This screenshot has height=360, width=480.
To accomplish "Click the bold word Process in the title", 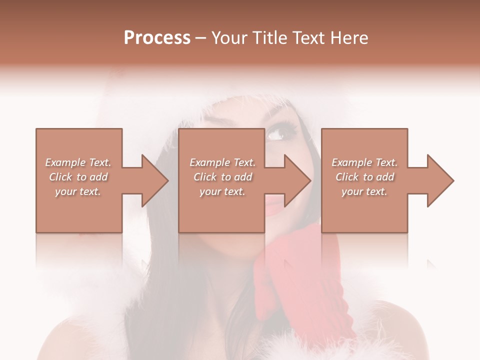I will [157, 38].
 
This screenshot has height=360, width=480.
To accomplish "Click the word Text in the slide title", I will [307, 38].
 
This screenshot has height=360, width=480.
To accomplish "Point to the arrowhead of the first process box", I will [155, 180].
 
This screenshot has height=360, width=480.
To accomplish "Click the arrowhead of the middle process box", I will [297, 180].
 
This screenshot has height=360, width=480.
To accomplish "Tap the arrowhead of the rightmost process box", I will [440, 180].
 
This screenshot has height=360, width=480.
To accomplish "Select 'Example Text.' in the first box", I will [78, 162].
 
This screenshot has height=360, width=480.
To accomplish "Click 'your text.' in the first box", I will [78, 191].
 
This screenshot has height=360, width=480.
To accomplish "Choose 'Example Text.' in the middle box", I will [222, 162].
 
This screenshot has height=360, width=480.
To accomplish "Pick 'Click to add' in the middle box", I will [222, 177].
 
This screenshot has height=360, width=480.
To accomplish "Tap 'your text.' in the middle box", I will [222, 191].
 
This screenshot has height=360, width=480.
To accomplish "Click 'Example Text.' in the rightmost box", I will [364, 162].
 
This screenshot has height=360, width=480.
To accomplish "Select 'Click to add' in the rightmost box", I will [364, 177].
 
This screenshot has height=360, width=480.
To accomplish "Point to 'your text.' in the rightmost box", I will [364, 191].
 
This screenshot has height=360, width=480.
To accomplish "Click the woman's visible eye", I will [277, 133].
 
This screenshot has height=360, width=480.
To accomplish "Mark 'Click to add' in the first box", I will [78, 177].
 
